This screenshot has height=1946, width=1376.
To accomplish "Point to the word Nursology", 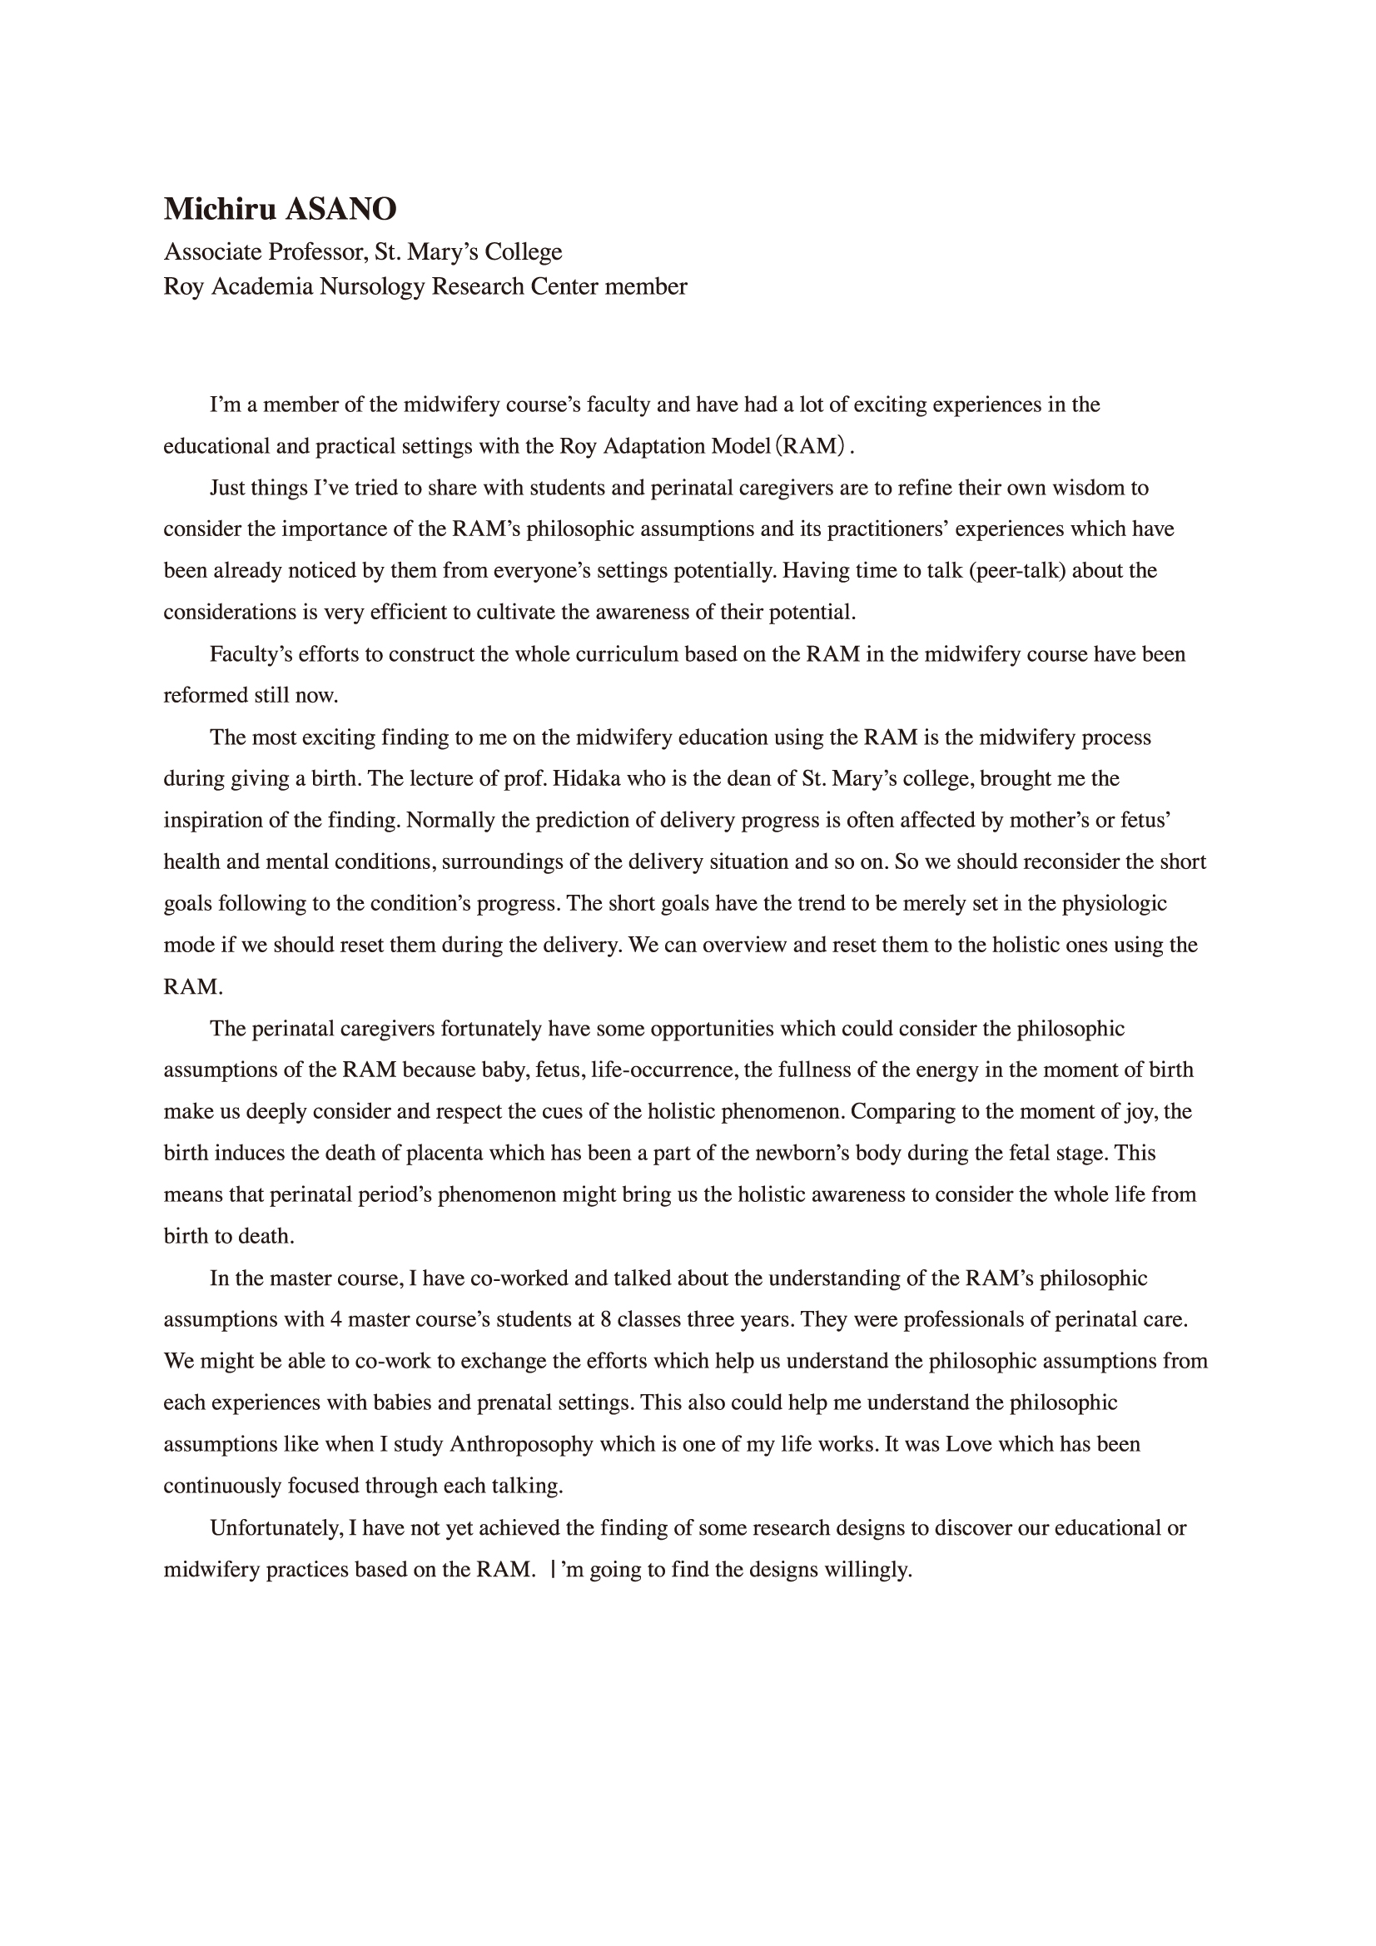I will point(371,286).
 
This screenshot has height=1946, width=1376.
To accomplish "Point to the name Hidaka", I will point(584,779).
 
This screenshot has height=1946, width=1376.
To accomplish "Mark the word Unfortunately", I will point(276,1528).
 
